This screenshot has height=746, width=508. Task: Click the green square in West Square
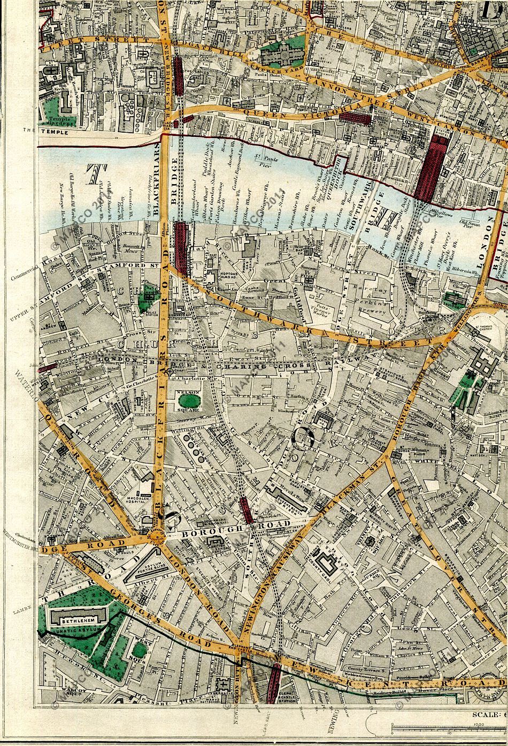pos(139,650)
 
